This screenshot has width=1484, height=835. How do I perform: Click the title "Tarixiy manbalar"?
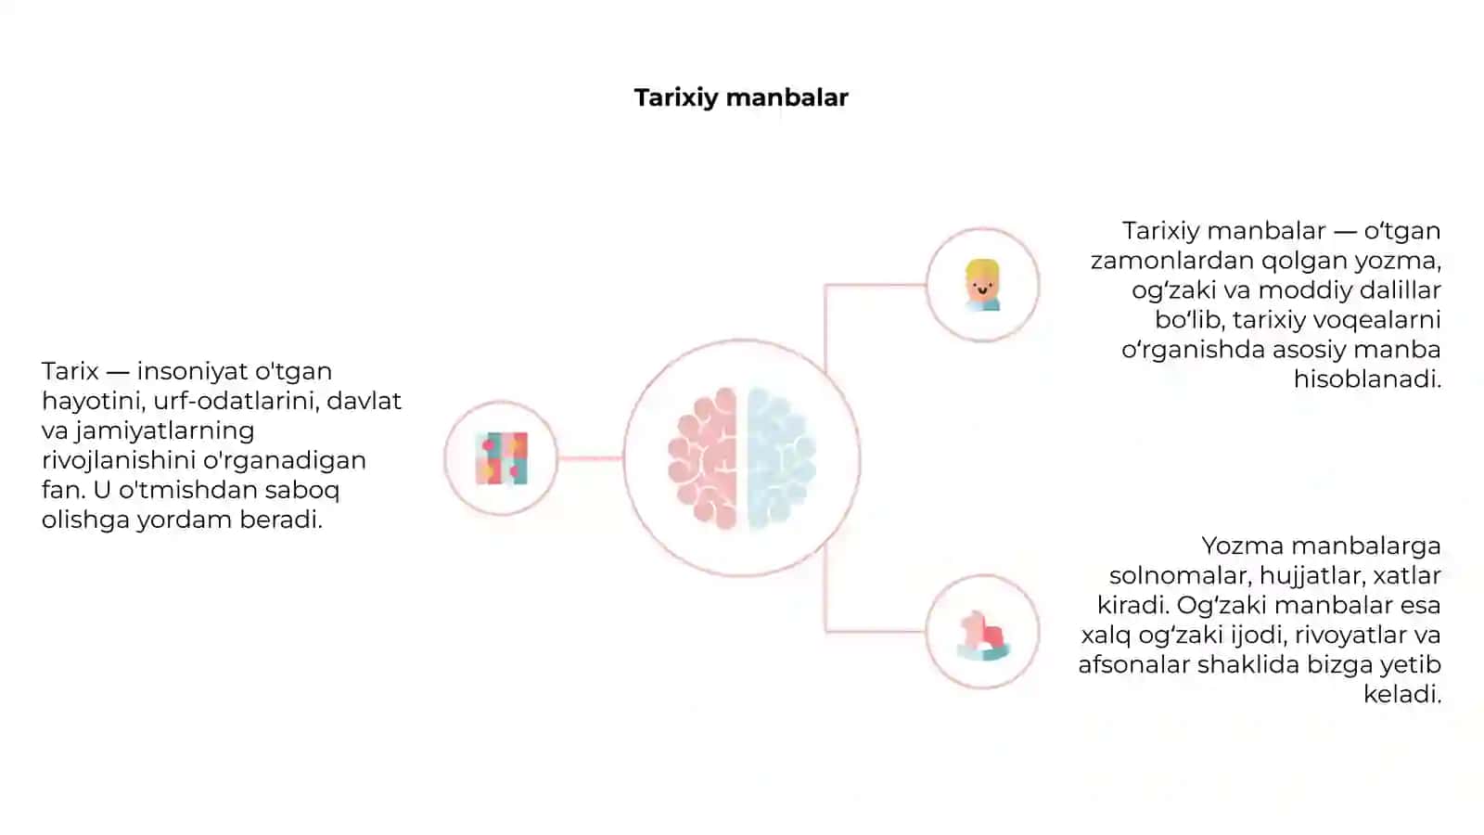click(741, 98)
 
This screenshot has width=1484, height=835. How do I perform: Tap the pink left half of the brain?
click(703, 458)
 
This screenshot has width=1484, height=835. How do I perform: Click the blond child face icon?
click(982, 285)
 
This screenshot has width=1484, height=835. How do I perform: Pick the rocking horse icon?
click(983, 635)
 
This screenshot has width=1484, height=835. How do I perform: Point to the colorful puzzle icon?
click(502, 458)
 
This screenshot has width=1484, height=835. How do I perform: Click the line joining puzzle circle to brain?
click(590, 458)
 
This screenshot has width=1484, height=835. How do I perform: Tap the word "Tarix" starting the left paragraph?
click(70, 371)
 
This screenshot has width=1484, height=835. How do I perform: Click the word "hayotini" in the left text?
click(93, 402)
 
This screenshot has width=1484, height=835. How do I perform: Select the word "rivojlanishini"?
click(118, 460)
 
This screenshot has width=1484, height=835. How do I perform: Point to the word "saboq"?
click(302, 491)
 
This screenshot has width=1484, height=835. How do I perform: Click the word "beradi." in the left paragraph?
click(281, 520)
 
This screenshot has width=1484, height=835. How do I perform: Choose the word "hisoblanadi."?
click(1367, 379)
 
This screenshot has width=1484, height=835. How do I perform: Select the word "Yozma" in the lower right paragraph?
click(1243, 546)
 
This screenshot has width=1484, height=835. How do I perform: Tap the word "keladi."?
click(1402, 694)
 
